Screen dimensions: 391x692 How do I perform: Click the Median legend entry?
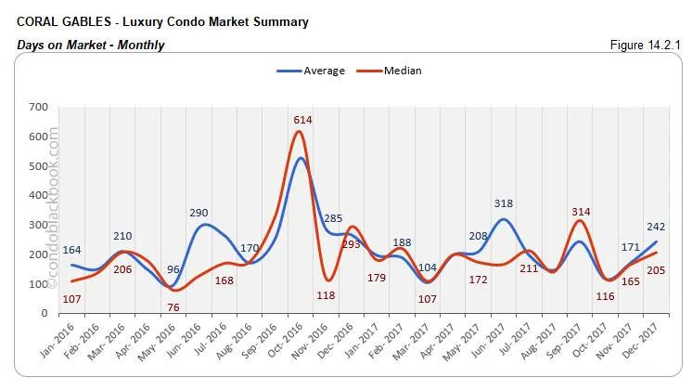[x=393, y=71]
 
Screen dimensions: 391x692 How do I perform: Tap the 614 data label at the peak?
[x=301, y=120]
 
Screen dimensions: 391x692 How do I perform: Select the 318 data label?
[x=504, y=203]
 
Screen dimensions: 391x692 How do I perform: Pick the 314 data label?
[x=583, y=211]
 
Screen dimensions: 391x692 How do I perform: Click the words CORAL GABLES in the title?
[x=57, y=21]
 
